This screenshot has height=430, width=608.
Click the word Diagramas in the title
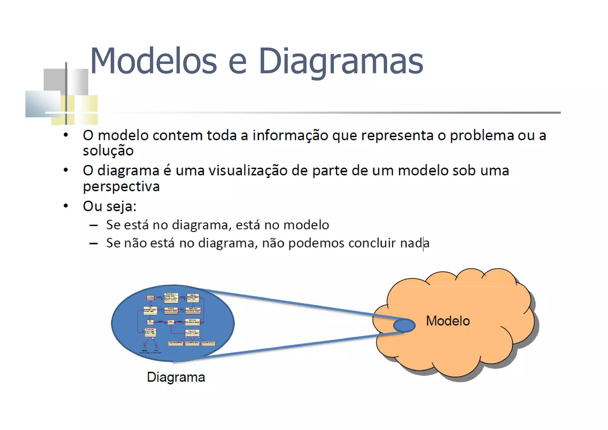[341, 61]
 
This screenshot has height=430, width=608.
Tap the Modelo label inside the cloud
[448, 321]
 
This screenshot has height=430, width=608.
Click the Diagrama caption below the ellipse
[176, 377]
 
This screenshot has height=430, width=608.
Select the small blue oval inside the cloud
[404, 325]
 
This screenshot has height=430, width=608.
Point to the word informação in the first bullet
[290, 136]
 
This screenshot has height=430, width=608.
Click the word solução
[108, 151]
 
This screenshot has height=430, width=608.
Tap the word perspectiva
[121, 186]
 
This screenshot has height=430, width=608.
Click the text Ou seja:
[110, 206]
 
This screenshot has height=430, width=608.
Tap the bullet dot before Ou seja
[66, 206]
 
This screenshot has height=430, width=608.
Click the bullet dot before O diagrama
[66, 170]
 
